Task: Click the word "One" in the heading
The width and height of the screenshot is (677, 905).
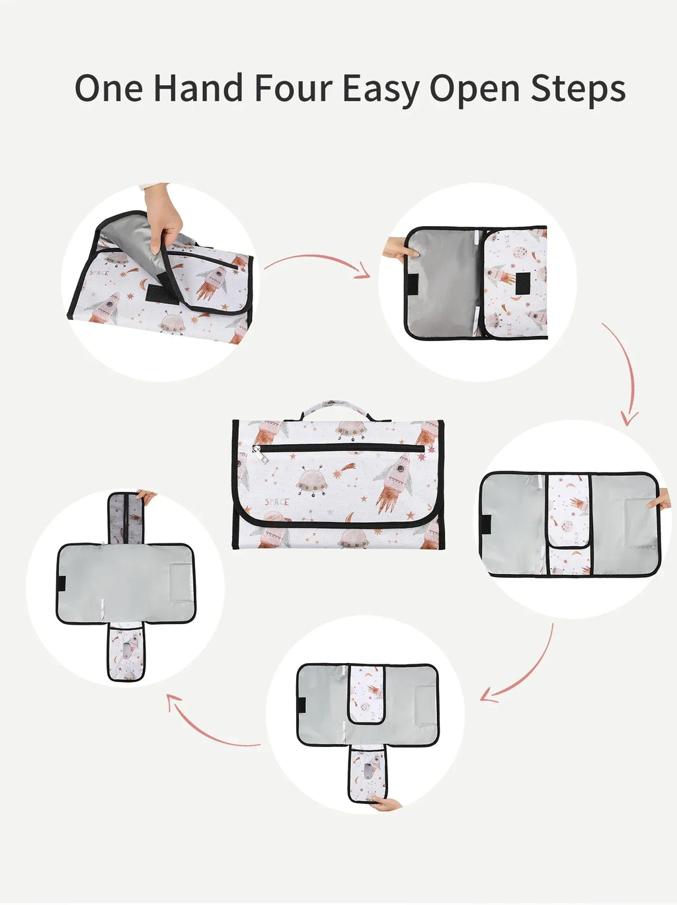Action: click(x=109, y=88)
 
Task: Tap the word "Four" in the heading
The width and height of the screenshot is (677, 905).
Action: click(x=294, y=88)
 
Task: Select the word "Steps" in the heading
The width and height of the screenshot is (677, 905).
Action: click(x=578, y=90)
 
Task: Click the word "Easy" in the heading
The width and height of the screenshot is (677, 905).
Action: click(x=381, y=91)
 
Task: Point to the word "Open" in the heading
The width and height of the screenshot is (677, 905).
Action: click(x=475, y=91)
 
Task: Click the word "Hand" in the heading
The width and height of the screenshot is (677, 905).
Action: click(x=198, y=88)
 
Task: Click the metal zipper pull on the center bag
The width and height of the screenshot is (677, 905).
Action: click(x=260, y=454)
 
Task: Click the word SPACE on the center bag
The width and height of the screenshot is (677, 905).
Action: click(x=276, y=502)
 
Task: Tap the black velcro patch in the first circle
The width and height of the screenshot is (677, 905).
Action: click(x=162, y=294)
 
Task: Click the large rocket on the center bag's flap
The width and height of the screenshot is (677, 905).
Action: click(x=393, y=483)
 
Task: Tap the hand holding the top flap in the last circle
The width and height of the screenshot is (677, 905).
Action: click(x=147, y=496)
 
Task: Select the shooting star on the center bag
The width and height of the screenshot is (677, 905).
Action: click(x=344, y=470)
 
